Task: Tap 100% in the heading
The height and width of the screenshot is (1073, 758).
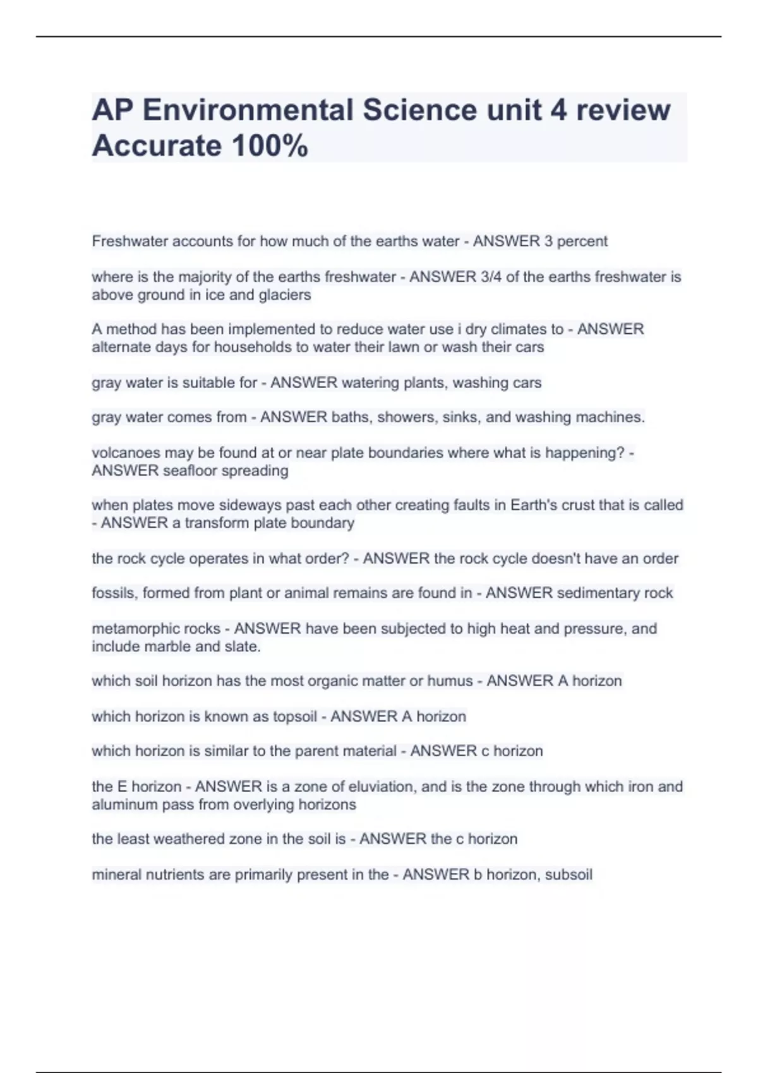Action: [x=270, y=146]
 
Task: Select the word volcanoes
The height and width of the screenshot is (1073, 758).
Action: [x=126, y=453]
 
